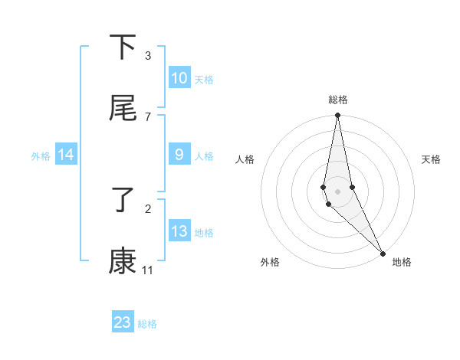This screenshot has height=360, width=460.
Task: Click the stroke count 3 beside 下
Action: [x=147, y=56]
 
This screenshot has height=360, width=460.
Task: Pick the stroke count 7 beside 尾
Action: [x=147, y=116]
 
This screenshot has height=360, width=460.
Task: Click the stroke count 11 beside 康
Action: [x=147, y=270]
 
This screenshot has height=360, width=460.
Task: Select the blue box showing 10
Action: [x=179, y=78]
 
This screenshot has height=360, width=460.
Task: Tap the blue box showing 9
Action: [x=179, y=155]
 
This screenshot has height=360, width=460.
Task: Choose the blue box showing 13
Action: [x=179, y=231]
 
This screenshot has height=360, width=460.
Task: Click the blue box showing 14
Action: [x=66, y=155]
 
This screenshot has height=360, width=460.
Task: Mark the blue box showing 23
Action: [x=123, y=322]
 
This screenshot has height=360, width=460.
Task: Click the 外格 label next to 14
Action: [x=41, y=156]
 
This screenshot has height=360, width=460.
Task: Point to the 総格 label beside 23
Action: [x=147, y=324]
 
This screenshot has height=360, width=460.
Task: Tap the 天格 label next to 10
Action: [x=204, y=80]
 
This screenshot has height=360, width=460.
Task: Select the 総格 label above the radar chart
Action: [x=338, y=100]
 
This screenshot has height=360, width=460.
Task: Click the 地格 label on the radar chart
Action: [x=402, y=262]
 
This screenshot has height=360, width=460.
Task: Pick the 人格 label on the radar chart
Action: [x=245, y=159]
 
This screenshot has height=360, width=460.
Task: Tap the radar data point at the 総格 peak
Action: [x=337, y=116]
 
